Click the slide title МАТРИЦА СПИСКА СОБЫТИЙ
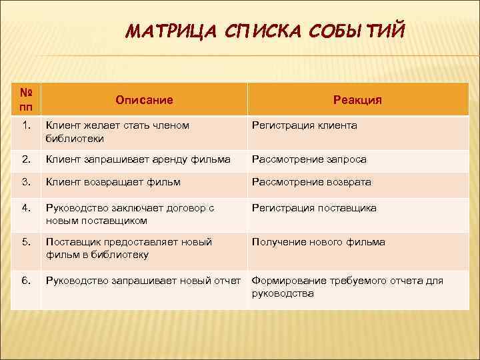point(264,31)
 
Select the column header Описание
point(144,100)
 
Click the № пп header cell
point(27,100)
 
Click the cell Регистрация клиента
point(304,125)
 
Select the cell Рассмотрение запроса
point(309,159)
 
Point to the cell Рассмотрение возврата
point(311,182)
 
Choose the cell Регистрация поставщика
point(313,208)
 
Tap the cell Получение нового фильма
point(318,242)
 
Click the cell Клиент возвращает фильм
point(113,182)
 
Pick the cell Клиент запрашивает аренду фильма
point(138,159)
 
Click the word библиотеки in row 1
point(74,139)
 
